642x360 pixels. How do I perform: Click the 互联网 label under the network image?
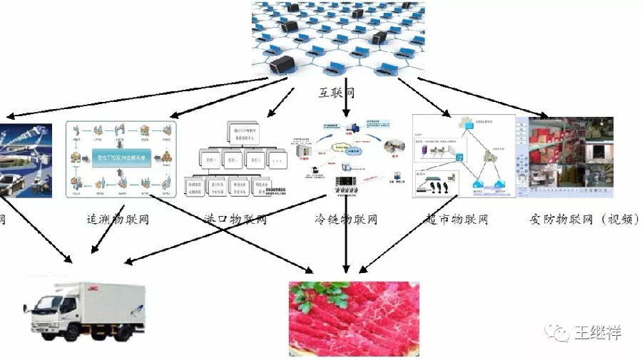coord(337,93)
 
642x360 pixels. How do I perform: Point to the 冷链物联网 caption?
coord(345,219)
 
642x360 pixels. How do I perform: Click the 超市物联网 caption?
coord(457,219)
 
